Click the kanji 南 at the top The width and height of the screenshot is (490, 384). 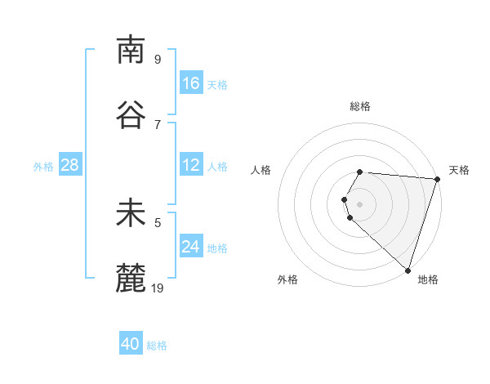131,50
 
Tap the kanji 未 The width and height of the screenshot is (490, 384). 131,214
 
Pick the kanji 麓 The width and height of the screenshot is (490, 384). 131,279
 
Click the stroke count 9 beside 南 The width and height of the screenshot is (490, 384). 158,60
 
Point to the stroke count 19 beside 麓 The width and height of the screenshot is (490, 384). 158,288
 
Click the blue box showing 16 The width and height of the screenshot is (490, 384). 191,83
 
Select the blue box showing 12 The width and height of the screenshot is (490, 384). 191,165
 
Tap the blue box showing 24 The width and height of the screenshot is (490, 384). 191,246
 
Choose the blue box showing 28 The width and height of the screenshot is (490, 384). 70,165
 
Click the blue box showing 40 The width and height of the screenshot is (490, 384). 131,344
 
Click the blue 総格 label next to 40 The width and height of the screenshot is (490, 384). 158,346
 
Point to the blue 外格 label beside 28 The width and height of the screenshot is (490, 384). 43,167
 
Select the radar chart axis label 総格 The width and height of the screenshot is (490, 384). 360,106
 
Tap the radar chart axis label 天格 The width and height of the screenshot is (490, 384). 459,170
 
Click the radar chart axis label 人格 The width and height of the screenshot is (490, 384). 261,170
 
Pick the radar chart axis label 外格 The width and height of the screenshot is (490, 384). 287,279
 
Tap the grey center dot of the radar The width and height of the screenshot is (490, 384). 360,203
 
